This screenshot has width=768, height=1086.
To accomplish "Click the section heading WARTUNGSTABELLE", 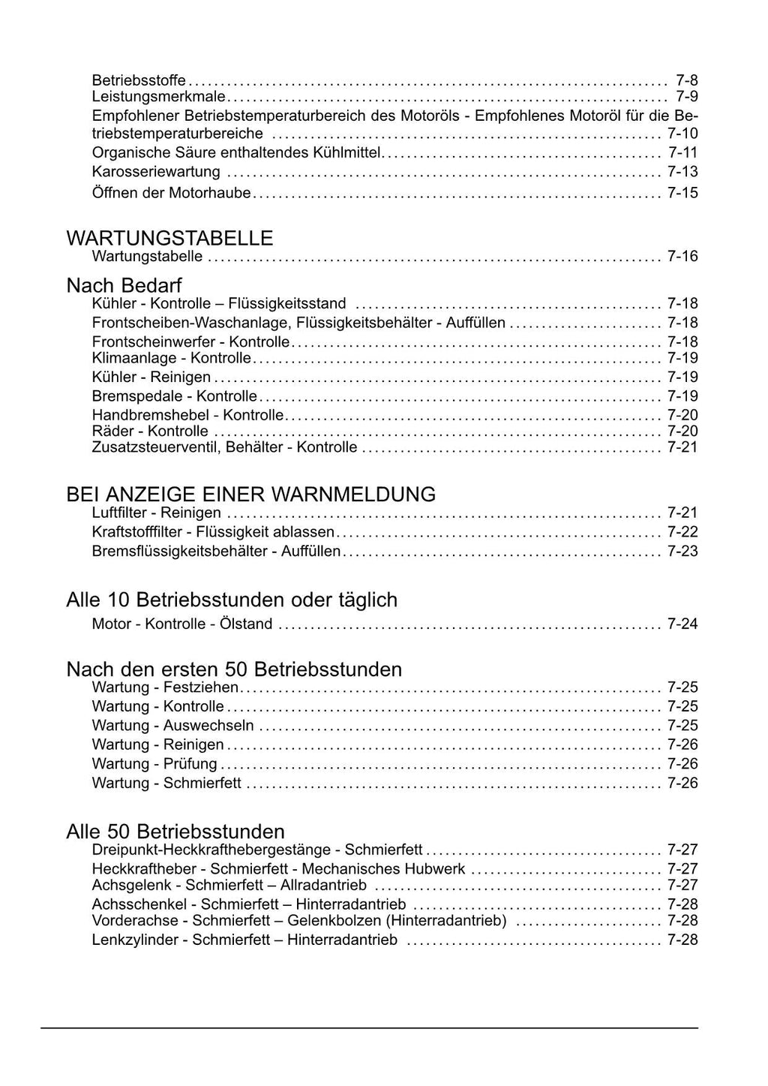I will tap(169, 238).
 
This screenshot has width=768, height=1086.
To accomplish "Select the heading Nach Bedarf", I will tap(124, 285).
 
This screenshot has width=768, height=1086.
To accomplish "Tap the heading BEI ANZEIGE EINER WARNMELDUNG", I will tap(250, 494).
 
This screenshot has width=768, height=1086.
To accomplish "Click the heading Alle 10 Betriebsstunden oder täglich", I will tap(232, 600).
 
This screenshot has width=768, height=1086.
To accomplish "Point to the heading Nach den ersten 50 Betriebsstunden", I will tap(234, 669).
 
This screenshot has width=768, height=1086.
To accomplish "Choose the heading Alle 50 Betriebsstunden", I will tap(175, 832).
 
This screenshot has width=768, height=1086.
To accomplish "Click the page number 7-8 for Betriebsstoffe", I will tap(686, 80).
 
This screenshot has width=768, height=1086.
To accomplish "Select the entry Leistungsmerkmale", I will tap(158, 97).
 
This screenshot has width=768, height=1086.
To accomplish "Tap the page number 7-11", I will tap(682, 152).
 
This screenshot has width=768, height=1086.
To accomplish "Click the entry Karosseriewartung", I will tap(156, 172).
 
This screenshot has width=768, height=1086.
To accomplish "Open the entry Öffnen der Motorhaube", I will tap(171, 193).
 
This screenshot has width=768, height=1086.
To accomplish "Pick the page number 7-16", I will tap(682, 257).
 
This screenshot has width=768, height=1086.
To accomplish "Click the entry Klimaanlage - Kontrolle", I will tap(171, 358).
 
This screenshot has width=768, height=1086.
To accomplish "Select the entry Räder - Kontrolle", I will tap(150, 431).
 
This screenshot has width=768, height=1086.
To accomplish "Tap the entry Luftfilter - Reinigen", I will tap(156, 513).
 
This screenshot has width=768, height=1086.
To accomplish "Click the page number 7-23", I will tap(682, 552).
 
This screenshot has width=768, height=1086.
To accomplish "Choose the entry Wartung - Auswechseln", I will tap(172, 726).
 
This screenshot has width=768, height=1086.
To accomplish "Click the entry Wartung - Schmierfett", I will tap(166, 784).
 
